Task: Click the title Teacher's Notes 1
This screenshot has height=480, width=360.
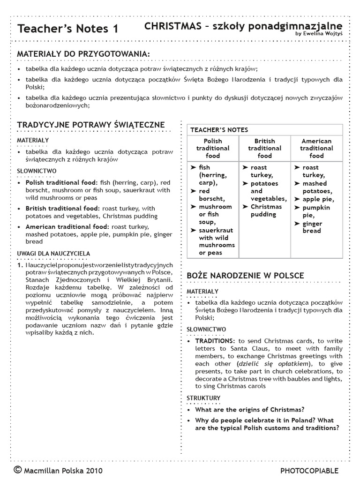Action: click(x=68, y=29)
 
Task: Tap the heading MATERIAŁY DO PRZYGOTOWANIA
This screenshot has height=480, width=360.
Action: click(x=83, y=55)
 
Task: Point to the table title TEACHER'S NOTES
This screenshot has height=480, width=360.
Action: click(x=219, y=130)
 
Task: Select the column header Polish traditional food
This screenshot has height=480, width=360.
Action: click(x=213, y=148)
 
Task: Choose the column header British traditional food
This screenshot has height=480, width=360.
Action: click(x=264, y=148)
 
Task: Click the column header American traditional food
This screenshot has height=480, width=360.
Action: click(x=316, y=148)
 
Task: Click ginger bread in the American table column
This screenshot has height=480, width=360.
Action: click(x=314, y=227)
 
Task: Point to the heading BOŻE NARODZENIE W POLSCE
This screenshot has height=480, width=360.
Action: click(x=245, y=275)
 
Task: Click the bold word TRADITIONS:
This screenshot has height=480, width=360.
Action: click(x=215, y=341)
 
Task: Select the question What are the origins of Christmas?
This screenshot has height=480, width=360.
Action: click(x=250, y=409)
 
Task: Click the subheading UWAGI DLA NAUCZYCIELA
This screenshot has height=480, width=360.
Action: click(x=53, y=253)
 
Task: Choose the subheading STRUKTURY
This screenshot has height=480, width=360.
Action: click(x=203, y=398)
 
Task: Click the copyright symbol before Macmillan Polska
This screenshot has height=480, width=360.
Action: click(x=17, y=470)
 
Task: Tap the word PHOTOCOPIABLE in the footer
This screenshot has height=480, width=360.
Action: click(x=309, y=471)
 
